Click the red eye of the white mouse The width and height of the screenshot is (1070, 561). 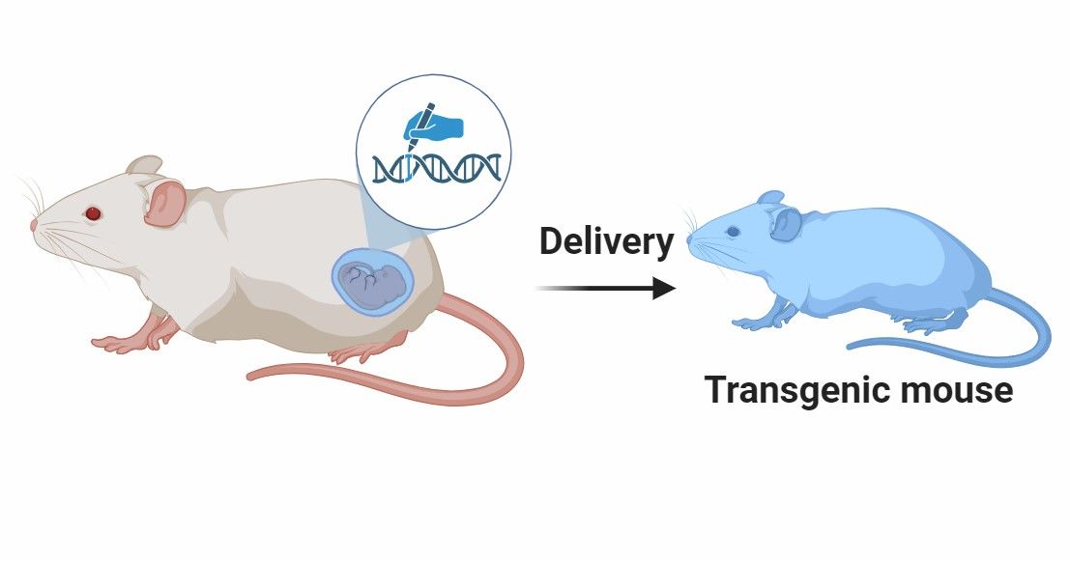coord(94,212)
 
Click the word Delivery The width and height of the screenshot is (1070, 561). coord(606,241)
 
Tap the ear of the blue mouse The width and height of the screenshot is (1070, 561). coord(785,224)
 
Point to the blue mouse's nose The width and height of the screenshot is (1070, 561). coord(692,240)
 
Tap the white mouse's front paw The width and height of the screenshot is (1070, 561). coord(114,342)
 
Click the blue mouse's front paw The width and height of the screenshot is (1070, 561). coord(749,323)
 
